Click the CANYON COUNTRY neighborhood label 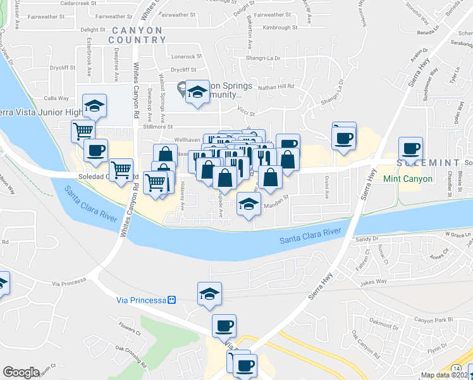136,35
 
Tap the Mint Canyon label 408,179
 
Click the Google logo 21,372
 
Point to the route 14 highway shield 456,368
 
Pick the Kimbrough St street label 280,28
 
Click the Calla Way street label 56,98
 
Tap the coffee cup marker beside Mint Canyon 410,149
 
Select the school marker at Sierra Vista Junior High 94,105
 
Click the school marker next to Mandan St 249,205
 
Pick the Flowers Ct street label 129,328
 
